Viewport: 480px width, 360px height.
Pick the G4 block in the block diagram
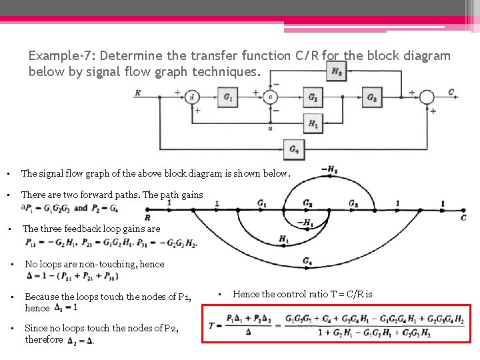(x=293, y=149)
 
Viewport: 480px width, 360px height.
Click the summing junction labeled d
(x=192, y=97)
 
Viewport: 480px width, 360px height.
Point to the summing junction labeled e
(x=270, y=97)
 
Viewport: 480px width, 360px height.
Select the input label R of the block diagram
(x=138, y=93)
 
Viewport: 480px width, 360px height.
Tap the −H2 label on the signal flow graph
(x=329, y=170)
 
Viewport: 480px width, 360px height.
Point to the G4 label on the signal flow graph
(x=307, y=261)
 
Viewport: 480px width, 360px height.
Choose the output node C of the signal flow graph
(x=463, y=218)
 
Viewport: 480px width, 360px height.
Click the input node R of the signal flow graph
(x=147, y=217)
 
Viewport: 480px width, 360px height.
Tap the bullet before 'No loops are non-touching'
(x=14, y=264)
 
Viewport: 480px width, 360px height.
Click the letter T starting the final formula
(x=212, y=325)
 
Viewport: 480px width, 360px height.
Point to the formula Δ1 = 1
(x=66, y=308)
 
